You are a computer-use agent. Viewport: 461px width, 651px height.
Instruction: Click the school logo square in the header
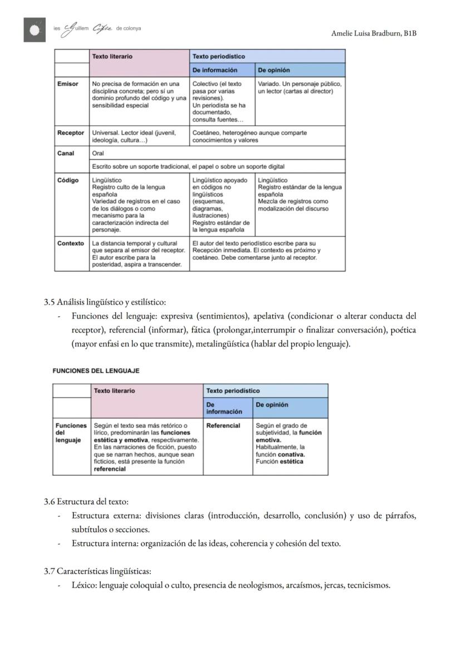click(35, 30)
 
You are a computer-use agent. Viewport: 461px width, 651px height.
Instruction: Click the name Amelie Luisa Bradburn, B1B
click(374, 33)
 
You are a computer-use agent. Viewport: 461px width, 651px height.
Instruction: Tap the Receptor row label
click(71, 133)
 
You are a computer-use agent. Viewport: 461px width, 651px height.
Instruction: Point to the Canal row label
click(66, 153)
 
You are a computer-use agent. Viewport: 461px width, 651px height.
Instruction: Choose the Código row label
click(68, 180)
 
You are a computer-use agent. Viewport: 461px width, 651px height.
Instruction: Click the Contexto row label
click(71, 243)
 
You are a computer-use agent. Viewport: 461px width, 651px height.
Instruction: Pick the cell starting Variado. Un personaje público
click(300, 87)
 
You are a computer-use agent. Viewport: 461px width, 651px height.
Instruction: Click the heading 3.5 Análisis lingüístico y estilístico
click(105, 302)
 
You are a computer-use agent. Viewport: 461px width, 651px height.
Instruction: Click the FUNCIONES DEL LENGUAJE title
click(96, 371)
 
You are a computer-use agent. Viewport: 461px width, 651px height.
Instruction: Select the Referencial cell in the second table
click(223, 425)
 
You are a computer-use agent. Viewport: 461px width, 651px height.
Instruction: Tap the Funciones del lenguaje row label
click(71, 433)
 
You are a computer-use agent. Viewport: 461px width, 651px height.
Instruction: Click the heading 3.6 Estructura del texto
click(86, 502)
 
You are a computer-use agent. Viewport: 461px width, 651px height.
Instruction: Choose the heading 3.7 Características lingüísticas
click(97, 571)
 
